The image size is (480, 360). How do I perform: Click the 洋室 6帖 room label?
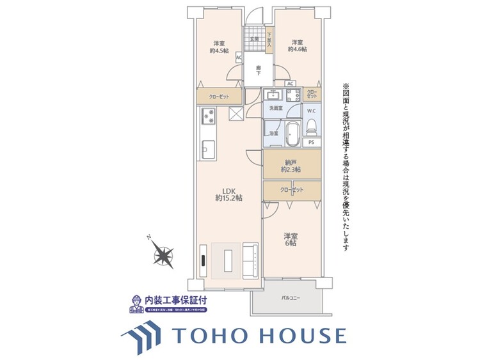click(x=291, y=240)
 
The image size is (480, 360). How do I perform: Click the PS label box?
click(x=311, y=142)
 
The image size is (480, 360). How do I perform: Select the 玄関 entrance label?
click(x=254, y=39)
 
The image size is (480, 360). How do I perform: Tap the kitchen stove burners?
click(x=209, y=116)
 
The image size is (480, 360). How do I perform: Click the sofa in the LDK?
click(x=251, y=261)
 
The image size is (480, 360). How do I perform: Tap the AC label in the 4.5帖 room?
click(x=239, y=57)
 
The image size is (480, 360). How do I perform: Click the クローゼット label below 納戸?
click(x=291, y=190)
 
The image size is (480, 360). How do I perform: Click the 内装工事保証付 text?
click(x=176, y=299)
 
